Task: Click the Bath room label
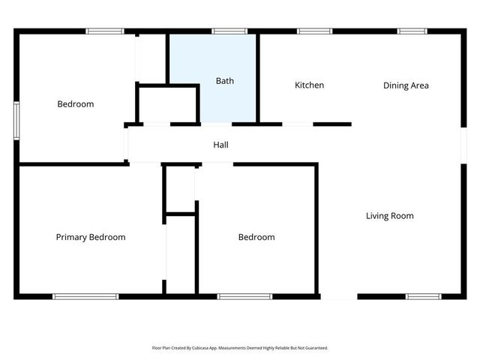pos(225,80)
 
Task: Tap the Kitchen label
pos(309,85)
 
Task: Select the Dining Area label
pos(406,85)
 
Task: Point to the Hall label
pos(220,145)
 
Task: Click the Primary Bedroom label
pos(91,237)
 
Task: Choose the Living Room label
pos(389,216)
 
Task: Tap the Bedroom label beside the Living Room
pos(256,237)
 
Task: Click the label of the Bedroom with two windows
pos(76,104)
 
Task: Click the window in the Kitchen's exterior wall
pos(314,31)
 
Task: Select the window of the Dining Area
pos(412,31)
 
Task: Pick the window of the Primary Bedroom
pos(85,296)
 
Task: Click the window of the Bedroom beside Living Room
pos(244,296)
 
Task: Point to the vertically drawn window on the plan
pos(16,120)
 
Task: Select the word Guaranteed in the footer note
pos(314,348)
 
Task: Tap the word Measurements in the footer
pos(235,348)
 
